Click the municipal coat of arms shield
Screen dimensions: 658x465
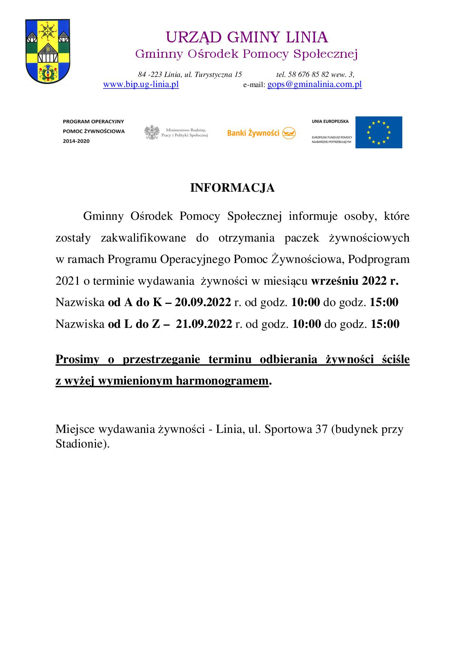click(48, 52)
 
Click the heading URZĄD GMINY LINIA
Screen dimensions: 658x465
click(247, 38)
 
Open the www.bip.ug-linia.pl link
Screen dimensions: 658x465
click(141, 84)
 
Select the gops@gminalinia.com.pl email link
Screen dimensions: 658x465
click(314, 84)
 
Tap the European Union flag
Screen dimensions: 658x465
click(378, 132)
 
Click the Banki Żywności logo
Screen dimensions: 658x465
click(261, 133)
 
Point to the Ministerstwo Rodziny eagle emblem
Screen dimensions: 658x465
click(152, 132)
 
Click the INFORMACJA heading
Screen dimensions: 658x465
click(232, 188)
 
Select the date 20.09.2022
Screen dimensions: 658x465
click(202, 302)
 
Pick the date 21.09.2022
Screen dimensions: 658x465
click(204, 324)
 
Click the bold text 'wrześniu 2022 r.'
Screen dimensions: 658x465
click(355, 281)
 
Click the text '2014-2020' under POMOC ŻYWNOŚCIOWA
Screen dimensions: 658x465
click(76, 141)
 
